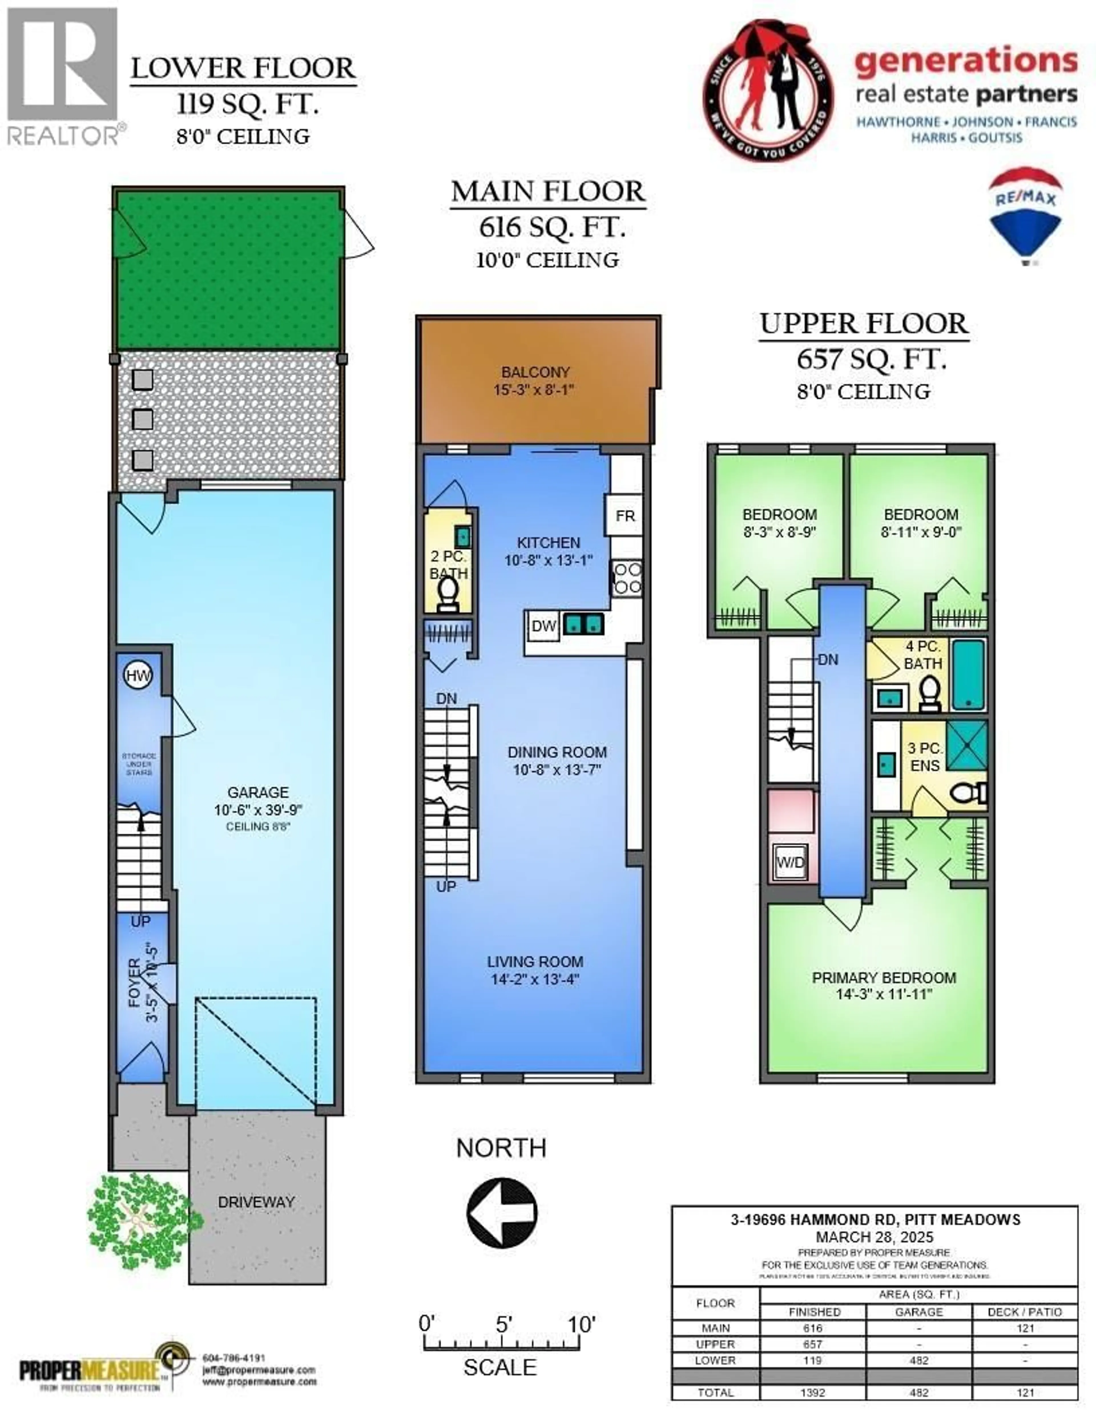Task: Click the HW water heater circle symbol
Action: (x=138, y=675)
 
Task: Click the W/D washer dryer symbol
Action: (x=790, y=862)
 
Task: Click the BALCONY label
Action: (x=535, y=372)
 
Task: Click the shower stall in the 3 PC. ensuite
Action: (x=966, y=744)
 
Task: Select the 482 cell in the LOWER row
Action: (x=919, y=1360)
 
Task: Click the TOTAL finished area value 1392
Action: (x=812, y=1393)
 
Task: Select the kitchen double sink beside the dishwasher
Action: (x=583, y=624)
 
